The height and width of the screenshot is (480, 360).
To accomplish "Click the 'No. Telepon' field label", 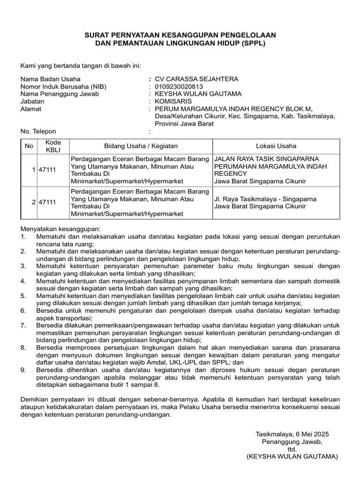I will pyautogui.click(x=38, y=131).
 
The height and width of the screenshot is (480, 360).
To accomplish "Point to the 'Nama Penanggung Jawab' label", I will pyautogui.click(x=59, y=94).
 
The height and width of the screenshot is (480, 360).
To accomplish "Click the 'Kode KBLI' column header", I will pyautogui.click(x=50, y=146).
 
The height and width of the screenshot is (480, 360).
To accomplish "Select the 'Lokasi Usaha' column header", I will pyautogui.click(x=276, y=146).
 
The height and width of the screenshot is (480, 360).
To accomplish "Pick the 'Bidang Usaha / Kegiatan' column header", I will pyautogui.click(x=141, y=146).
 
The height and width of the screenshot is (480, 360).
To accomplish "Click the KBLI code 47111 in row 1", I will pyautogui.click(x=47, y=170).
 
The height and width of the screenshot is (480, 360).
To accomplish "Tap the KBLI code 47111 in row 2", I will pyautogui.click(x=47, y=202).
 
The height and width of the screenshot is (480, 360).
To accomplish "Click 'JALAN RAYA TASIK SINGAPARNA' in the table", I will pyautogui.click(x=266, y=159).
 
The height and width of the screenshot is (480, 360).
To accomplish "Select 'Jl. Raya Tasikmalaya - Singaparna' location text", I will pyautogui.click(x=265, y=199).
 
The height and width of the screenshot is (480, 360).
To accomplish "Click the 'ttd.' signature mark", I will pyautogui.click(x=292, y=449).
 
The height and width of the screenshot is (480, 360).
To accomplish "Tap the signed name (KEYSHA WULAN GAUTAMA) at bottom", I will pyautogui.click(x=292, y=456).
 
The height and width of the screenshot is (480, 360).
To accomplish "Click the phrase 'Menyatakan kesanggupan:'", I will pyautogui.click(x=60, y=229).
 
